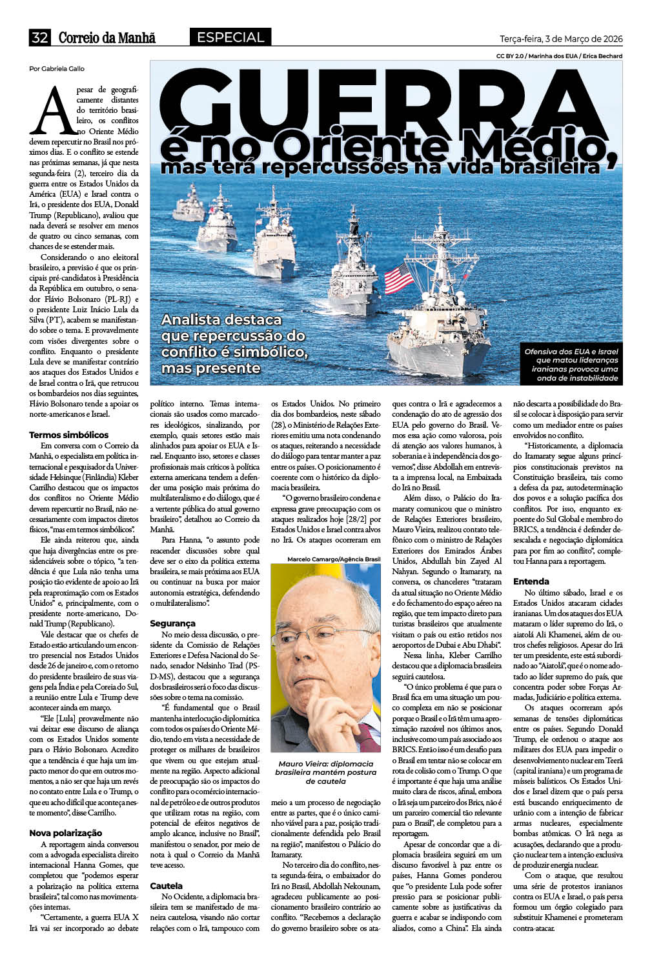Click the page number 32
pyautogui.click(x=39, y=38)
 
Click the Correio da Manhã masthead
pyautogui.click(x=107, y=38)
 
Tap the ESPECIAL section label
pyautogui.click(x=230, y=37)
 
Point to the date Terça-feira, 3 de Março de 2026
pyautogui.click(x=561, y=39)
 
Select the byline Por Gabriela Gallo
pyautogui.click(x=57, y=69)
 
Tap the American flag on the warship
pyautogui.click(x=399, y=279)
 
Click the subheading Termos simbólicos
pyautogui.click(x=69, y=435)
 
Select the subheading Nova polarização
pyautogui.click(x=66, y=833)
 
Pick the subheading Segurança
pyautogui.click(x=172, y=624)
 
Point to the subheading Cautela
pyautogui.click(x=167, y=886)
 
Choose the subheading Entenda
pyautogui.click(x=531, y=581)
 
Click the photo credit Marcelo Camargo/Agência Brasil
pyautogui.click(x=334, y=559)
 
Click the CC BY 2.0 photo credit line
pyautogui.click(x=559, y=56)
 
